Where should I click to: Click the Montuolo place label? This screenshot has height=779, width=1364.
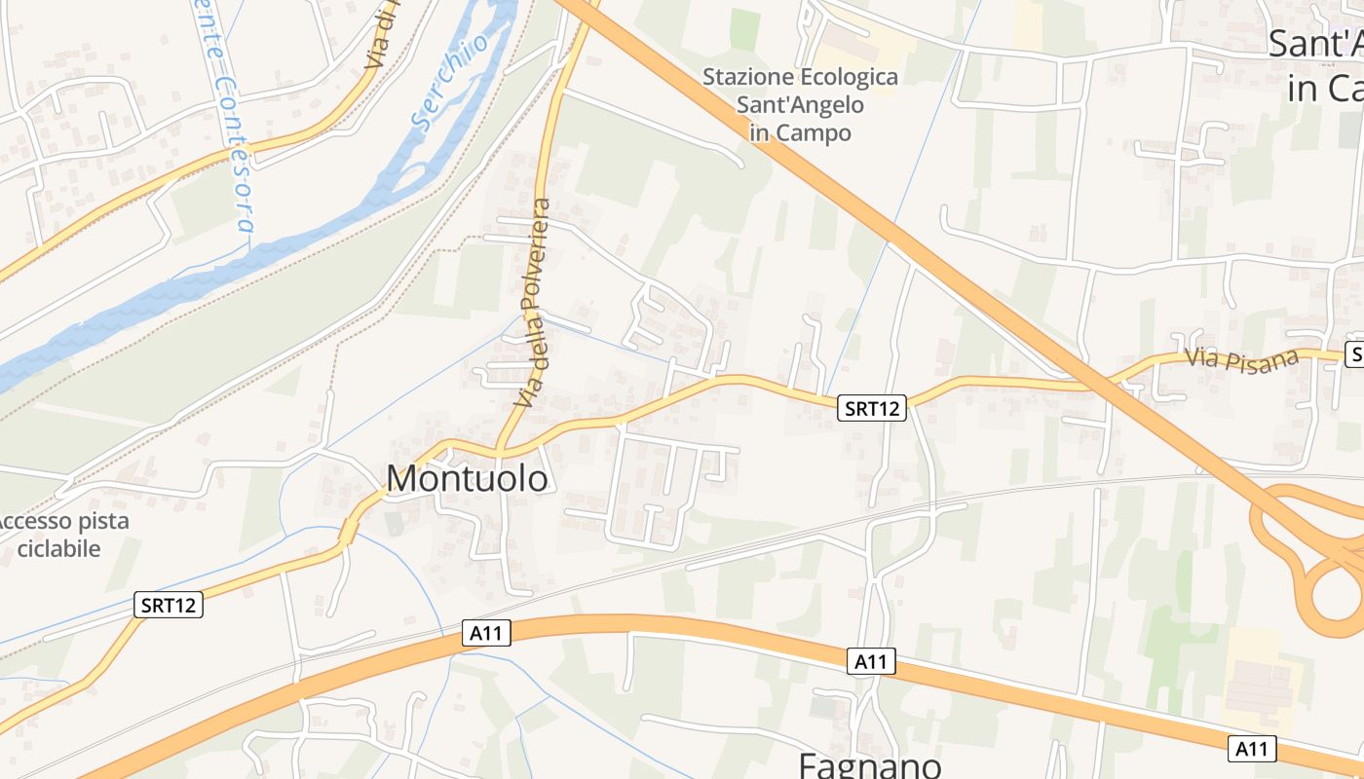pos(467,478)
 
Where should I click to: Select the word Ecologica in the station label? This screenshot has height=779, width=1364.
pos(846,76)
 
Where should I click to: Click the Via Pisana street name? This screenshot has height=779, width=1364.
pos(1242,358)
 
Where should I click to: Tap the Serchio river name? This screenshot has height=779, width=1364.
pos(450,83)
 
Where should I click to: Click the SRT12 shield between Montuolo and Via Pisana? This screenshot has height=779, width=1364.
pos(872,409)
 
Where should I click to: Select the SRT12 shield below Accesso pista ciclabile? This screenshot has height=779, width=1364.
pos(168,605)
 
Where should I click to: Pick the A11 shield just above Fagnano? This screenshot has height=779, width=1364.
pos(870,662)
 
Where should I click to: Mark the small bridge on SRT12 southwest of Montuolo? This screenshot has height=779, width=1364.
pos(348,532)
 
